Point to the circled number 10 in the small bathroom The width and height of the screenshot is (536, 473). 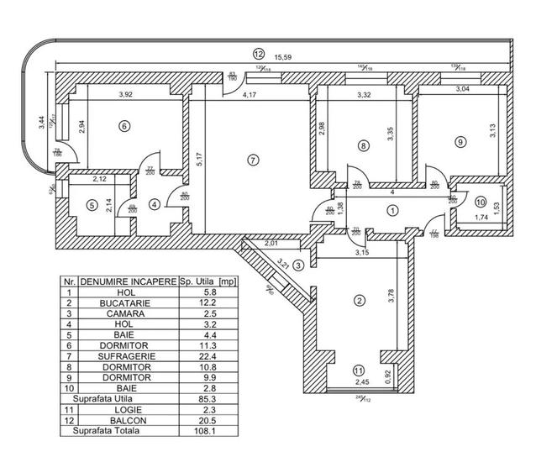480,202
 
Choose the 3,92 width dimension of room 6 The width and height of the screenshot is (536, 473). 128,95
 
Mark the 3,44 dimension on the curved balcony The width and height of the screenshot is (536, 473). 42,123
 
